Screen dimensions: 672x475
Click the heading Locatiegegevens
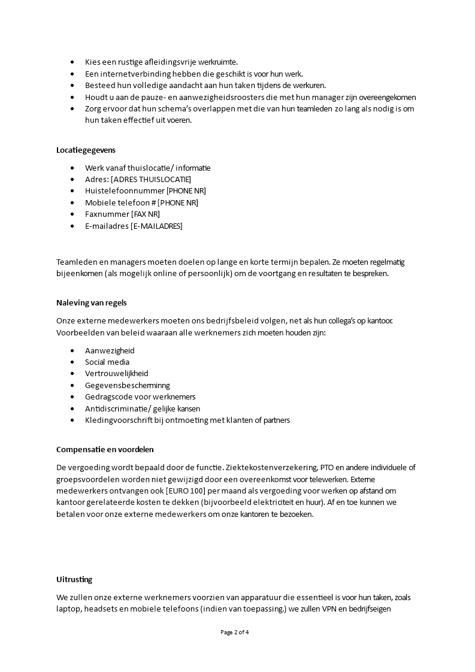click(x=86, y=150)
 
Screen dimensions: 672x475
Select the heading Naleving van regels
click(x=91, y=302)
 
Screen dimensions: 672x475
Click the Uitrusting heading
click(x=74, y=580)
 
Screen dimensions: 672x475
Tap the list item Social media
click(x=107, y=362)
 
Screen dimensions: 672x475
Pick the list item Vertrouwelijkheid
click(x=116, y=374)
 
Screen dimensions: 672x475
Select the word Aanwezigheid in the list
click(x=110, y=351)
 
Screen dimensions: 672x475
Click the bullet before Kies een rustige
click(x=72, y=62)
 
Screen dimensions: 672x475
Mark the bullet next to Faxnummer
click(x=72, y=214)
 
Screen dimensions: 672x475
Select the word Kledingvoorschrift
click(x=117, y=420)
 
